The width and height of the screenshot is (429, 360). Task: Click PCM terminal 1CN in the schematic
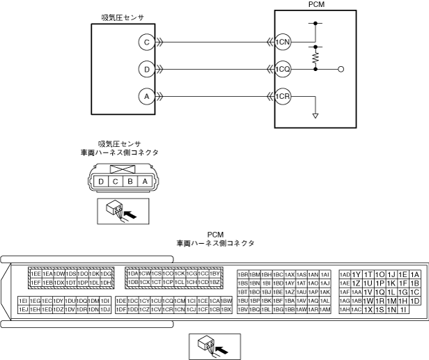click(282, 42)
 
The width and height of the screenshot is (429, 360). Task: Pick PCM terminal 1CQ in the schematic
click(282, 70)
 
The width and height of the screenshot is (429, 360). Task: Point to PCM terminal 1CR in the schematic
click(282, 97)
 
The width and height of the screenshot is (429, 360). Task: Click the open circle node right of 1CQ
click(341, 70)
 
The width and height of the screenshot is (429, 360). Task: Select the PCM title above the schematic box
click(316, 4)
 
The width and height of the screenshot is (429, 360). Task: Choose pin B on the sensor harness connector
click(130, 181)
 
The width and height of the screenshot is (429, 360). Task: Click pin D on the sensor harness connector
click(102, 181)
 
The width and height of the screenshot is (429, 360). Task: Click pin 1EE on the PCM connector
click(36, 274)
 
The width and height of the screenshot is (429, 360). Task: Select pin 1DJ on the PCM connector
click(107, 309)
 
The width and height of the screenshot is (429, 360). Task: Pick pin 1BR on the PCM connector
click(244, 274)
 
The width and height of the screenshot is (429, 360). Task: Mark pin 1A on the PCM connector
click(415, 274)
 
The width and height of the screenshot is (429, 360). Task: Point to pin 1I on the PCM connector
click(403, 309)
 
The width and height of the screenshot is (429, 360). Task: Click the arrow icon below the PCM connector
click(214, 344)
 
